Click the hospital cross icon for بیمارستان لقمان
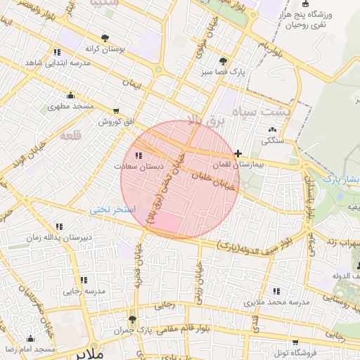pyautogui.click(x=238, y=153)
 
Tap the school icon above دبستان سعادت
pyautogui.click(x=139, y=156)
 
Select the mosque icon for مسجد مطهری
pyautogui.click(x=70, y=96)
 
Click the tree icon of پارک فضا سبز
pyautogui.click(x=223, y=61)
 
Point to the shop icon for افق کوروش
pyautogui.click(x=116, y=110)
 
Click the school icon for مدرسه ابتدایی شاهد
pyautogui.click(x=56, y=52)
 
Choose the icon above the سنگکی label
pyautogui.click(x=272, y=129)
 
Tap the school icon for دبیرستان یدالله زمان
pyautogui.click(x=59, y=226)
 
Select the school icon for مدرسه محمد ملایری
pyautogui.click(x=276, y=291)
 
